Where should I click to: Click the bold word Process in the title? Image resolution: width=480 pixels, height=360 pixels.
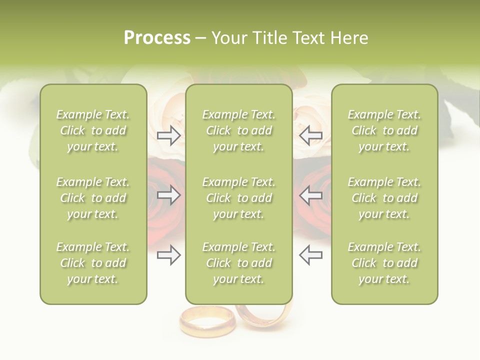point(157,38)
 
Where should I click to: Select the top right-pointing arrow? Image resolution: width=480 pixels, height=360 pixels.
point(168,135)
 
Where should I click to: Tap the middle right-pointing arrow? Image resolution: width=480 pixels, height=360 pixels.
point(168,195)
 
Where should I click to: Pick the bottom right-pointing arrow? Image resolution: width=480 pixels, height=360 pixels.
point(168,255)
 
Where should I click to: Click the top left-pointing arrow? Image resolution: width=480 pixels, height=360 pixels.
point(310,135)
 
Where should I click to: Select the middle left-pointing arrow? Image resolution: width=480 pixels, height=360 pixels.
point(310,195)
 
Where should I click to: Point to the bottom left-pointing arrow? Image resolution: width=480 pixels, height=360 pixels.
point(310,255)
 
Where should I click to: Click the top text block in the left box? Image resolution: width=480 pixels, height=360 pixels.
point(93,130)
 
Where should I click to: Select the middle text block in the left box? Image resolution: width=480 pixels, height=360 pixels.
point(93,198)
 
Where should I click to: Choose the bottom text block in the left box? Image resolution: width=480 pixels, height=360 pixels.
point(93,263)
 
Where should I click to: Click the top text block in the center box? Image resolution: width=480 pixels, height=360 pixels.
point(238,130)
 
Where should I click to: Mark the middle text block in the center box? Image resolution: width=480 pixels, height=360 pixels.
point(238,198)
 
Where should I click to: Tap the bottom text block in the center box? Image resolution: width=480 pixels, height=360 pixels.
point(238,263)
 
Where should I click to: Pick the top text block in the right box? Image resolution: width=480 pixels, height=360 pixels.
point(384,130)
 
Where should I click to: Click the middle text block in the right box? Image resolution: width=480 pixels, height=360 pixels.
point(384,198)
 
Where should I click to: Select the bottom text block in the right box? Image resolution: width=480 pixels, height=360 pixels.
point(384,263)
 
